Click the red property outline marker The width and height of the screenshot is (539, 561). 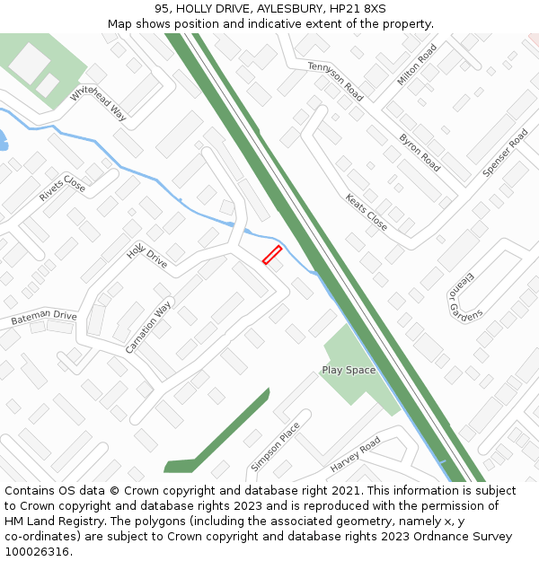[272, 255]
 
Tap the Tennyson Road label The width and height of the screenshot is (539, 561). [335, 82]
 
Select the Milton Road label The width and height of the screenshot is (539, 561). [417, 65]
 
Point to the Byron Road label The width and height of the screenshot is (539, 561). [420, 153]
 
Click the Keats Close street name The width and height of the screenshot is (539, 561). [367, 213]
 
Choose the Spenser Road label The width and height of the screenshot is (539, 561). [506, 153]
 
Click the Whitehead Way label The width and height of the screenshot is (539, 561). [98, 101]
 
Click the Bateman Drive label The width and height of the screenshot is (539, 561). [44, 318]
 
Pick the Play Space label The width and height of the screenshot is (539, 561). [349, 370]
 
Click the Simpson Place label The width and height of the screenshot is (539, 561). [276, 446]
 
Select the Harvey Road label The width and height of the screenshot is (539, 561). [356, 454]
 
